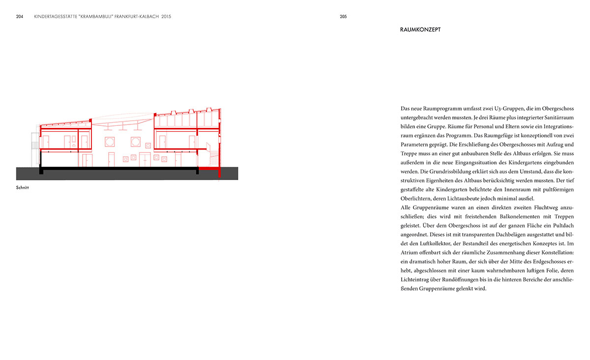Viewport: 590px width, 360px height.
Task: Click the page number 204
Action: [x=20, y=16]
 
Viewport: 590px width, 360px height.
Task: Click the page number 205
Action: [x=343, y=16]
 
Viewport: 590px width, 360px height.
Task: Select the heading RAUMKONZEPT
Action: [x=420, y=30]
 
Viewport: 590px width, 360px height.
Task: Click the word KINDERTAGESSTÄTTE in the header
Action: [x=55, y=16]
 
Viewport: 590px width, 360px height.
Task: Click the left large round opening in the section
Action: [x=110, y=142]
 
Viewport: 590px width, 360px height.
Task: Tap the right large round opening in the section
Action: [x=135, y=142]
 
